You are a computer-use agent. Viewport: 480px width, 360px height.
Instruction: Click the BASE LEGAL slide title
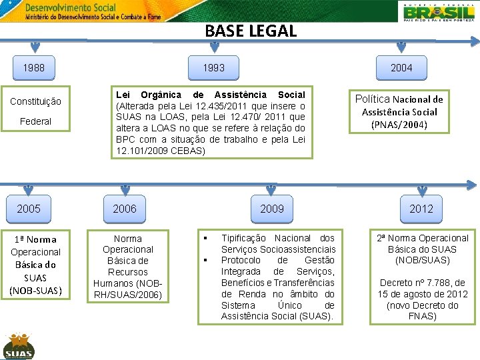[x=251, y=31]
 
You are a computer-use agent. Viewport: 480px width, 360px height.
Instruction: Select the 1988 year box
[x=34, y=68]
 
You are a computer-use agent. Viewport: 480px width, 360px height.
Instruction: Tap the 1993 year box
[x=213, y=68]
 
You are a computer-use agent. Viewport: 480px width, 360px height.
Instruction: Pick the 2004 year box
[x=401, y=68]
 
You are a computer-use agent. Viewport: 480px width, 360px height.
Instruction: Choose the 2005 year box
[x=29, y=209]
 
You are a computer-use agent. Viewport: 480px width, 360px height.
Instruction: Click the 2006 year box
[x=124, y=209]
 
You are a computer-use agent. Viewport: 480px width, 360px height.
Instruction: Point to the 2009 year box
[x=271, y=209]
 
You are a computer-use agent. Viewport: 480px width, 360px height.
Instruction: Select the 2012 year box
[x=421, y=209]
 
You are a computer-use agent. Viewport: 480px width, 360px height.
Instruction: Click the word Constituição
[x=35, y=101]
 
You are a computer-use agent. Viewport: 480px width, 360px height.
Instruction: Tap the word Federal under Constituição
[x=35, y=121]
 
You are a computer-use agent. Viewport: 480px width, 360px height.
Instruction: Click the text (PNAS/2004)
[x=399, y=125]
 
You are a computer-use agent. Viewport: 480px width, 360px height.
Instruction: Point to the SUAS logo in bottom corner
[x=18, y=346]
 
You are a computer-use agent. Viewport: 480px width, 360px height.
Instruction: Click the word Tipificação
[x=244, y=238]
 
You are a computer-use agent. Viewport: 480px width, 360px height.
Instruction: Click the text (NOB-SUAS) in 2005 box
[x=36, y=290]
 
